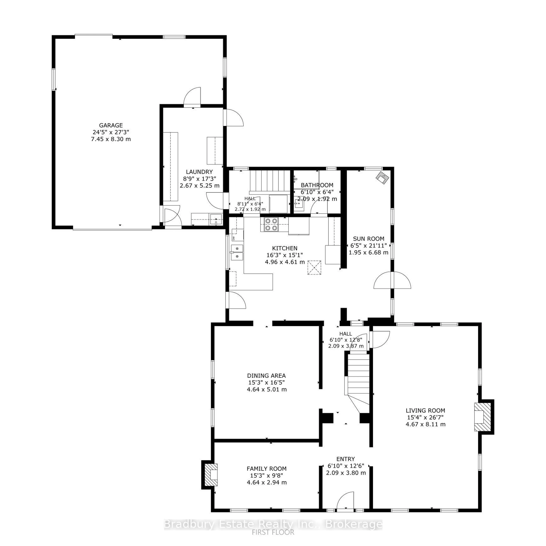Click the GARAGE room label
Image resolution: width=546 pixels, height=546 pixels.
coord(111,125)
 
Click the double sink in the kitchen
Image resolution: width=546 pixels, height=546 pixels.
coord(237,252)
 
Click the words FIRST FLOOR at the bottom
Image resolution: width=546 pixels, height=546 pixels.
coord(273,532)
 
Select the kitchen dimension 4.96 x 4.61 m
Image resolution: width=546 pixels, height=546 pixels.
coord(285,262)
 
